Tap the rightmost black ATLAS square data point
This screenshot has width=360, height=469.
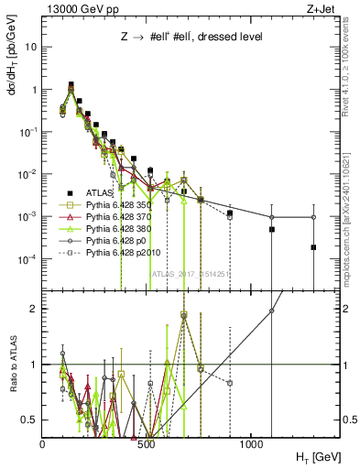(313, 247)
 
